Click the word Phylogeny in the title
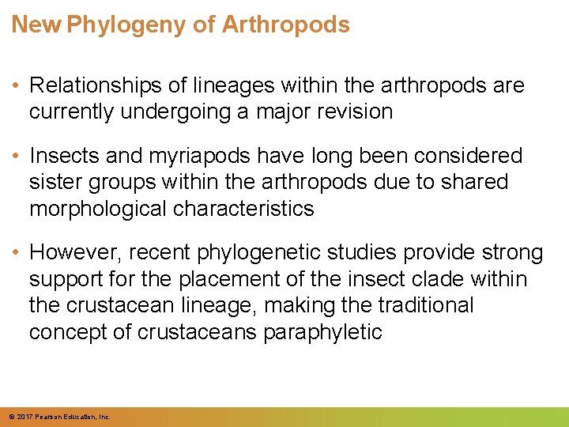click(128, 25)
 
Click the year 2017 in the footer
click(21, 417)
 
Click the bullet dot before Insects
click(16, 156)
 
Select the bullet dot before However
click(16, 253)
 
